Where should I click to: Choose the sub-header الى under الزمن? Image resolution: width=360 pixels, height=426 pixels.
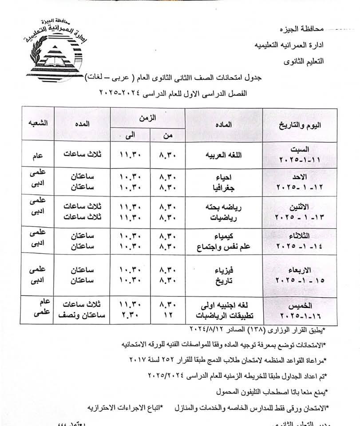coord(129,135)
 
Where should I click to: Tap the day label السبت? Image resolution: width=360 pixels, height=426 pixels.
coord(302,150)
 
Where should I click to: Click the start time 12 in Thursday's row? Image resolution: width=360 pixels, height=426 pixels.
coord(167,316)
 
